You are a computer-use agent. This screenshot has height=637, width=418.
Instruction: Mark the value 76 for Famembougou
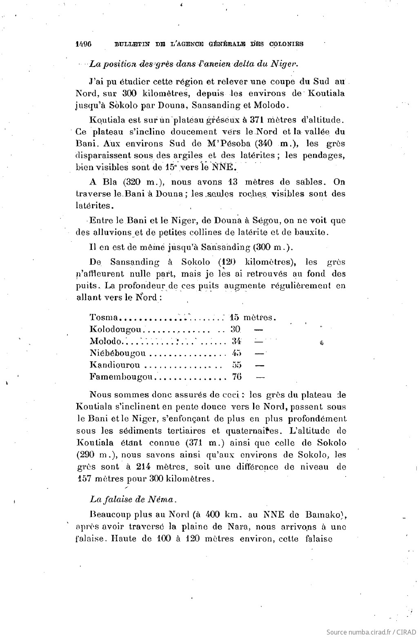click(237, 376)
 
